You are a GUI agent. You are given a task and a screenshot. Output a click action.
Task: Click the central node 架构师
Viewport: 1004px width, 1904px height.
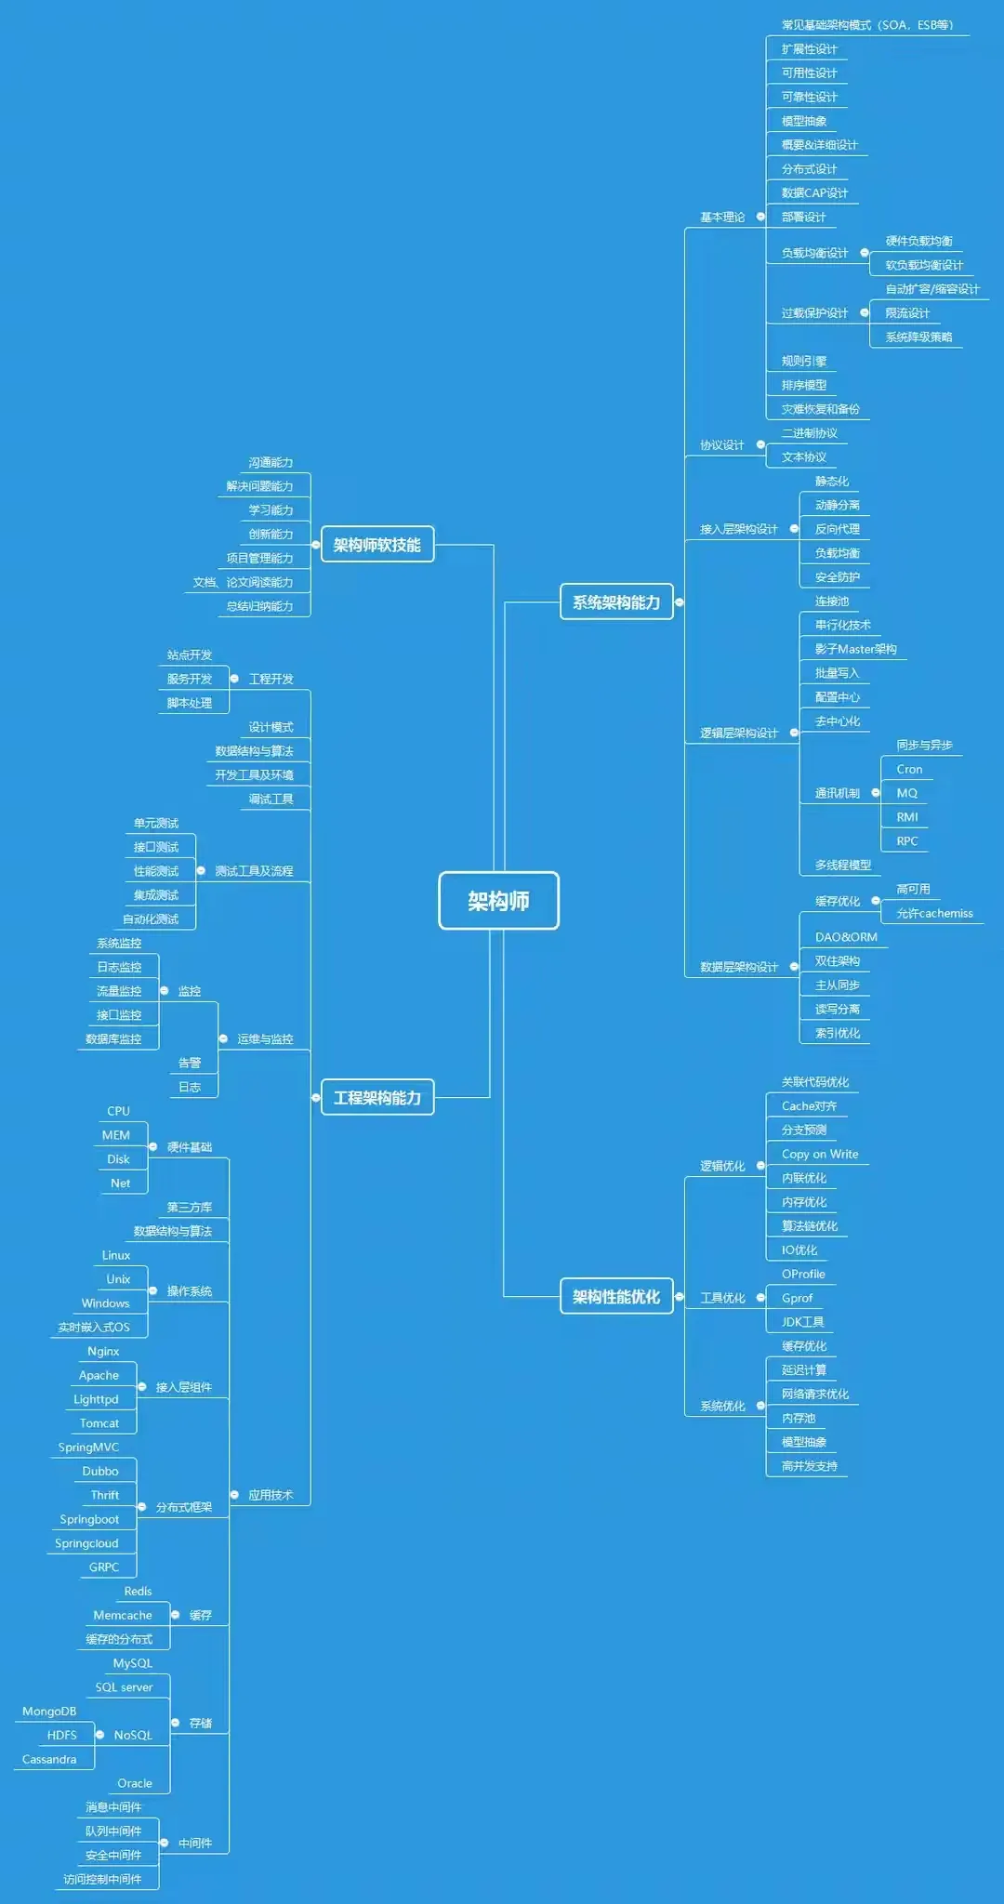pos(498,900)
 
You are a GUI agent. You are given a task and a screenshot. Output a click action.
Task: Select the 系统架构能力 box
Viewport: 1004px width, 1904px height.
pos(615,602)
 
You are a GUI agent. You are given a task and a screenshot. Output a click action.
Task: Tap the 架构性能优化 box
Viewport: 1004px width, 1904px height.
pos(615,1297)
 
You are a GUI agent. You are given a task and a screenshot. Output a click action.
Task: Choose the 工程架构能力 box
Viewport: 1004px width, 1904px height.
pos(376,1098)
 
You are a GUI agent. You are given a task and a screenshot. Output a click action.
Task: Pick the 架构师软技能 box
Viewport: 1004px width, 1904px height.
pos(376,545)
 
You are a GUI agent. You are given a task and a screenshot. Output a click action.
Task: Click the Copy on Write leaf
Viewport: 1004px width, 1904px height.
pos(819,1154)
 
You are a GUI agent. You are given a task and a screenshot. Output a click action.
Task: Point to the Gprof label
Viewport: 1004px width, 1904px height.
pos(797,1298)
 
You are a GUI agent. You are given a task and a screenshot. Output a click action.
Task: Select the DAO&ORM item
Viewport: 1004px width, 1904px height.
pos(845,937)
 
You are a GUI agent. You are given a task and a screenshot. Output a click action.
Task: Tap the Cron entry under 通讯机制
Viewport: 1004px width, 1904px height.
pos(909,769)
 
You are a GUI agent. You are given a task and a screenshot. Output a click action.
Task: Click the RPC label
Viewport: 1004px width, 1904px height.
pos(906,841)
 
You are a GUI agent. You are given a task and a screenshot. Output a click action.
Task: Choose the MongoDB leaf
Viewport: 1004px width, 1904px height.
pos(49,1712)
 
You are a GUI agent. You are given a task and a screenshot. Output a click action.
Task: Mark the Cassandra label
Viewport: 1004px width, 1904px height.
pos(49,1759)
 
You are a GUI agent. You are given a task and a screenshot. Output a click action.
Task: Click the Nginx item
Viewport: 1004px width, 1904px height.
pos(103,1351)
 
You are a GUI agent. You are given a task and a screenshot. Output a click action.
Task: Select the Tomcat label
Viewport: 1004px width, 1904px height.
pos(99,1423)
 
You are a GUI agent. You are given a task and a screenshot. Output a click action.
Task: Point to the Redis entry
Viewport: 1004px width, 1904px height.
pos(138,1592)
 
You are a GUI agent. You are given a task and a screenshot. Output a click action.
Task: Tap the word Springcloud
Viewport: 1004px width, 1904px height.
pos(86,1543)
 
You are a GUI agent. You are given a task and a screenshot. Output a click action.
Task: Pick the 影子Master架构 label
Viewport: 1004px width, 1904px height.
pos(855,649)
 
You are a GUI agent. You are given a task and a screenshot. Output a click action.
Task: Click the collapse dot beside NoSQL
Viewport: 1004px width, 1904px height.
pos(99,1735)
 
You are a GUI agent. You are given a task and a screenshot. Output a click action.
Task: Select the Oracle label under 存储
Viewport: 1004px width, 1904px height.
pos(134,1783)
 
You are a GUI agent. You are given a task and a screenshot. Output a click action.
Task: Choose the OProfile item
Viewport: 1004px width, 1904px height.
pos(802,1274)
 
